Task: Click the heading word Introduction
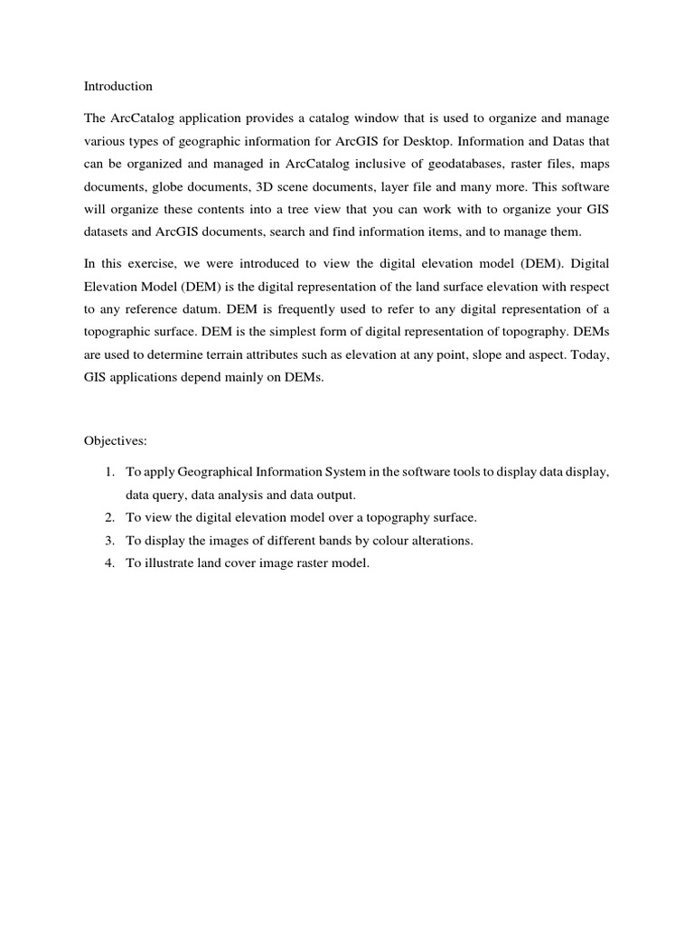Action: pos(118,87)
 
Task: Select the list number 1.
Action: pos(108,473)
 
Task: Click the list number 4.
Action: pos(108,563)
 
